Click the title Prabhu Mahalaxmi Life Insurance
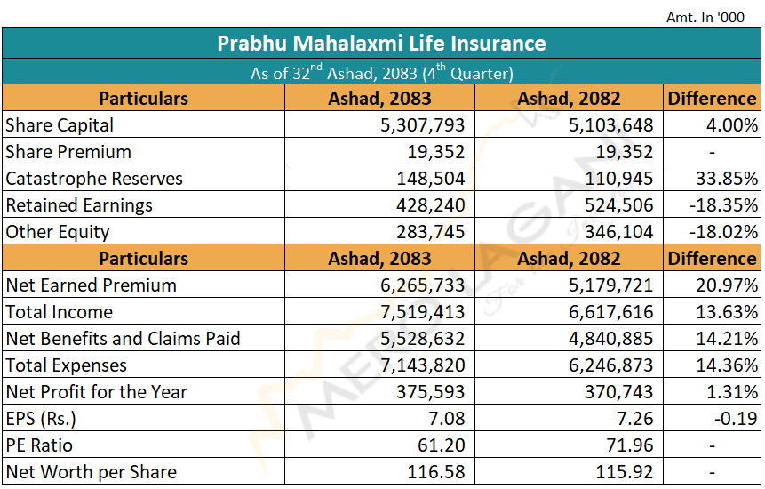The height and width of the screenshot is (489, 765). click(x=381, y=43)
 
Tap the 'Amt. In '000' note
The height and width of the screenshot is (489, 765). click(x=705, y=18)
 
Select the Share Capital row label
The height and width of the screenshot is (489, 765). click(x=60, y=125)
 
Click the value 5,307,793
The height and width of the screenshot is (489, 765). click(x=423, y=125)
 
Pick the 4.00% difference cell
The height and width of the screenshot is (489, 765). click(x=732, y=125)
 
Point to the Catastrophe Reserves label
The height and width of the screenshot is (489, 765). click(x=94, y=179)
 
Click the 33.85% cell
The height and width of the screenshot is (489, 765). click(x=727, y=179)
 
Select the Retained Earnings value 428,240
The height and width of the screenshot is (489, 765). click(x=430, y=205)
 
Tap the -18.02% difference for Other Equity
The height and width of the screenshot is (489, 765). click(x=723, y=232)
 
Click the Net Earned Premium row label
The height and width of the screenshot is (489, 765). click(x=92, y=285)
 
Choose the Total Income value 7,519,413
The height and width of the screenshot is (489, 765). click(x=423, y=312)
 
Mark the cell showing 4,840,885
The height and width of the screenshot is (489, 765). click(x=610, y=339)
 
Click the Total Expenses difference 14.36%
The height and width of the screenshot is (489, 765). click(x=727, y=365)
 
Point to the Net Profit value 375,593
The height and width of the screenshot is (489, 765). click(x=430, y=392)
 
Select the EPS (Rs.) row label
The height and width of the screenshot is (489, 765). click(x=41, y=419)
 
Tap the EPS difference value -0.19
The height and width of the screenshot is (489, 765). click(x=736, y=419)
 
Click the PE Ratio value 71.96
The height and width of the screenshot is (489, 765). click(x=629, y=445)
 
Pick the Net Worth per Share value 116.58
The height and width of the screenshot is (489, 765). click(x=436, y=472)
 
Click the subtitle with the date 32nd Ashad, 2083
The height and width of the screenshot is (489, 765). click(x=381, y=72)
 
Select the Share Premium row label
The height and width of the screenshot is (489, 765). click(x=68, y=152)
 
